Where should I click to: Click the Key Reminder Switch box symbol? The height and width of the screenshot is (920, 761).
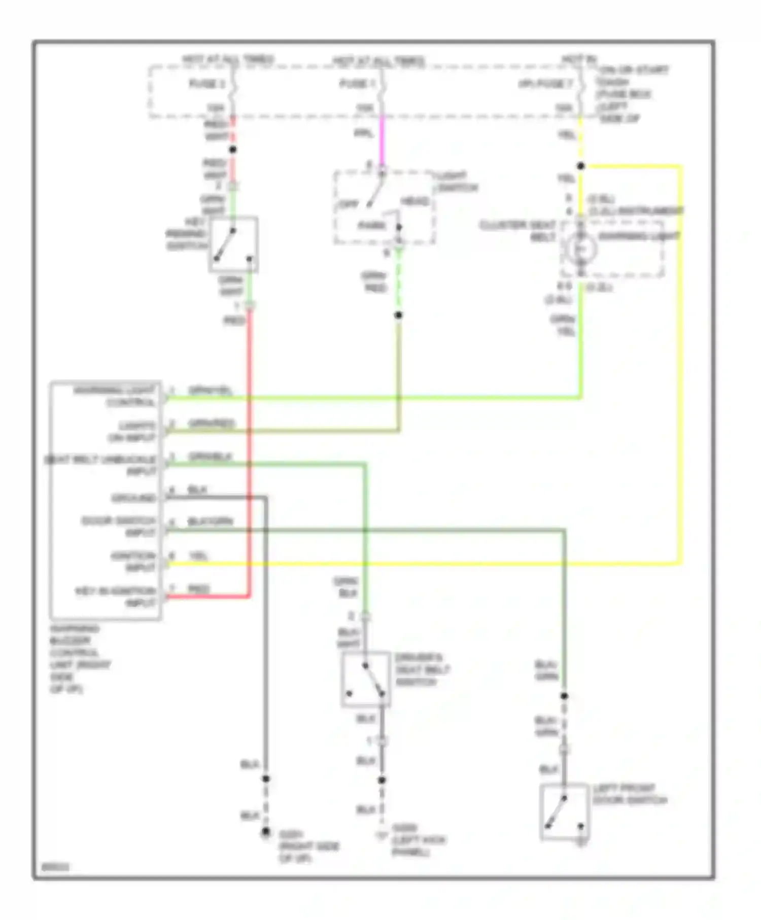click(233, 244)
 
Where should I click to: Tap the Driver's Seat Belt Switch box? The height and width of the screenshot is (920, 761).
click(366, 679)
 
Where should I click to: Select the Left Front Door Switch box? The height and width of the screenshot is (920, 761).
click(564, 812)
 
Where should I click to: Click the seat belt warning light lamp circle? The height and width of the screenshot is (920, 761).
click(581, 249)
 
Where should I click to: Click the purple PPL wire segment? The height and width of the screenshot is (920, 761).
click(382, 137)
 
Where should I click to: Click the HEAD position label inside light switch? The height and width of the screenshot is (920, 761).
click(415, 201)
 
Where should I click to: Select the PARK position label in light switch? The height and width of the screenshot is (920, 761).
click(372, 225)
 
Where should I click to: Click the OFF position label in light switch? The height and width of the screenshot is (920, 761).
click(349, 204)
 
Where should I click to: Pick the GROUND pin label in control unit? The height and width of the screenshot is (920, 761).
click(133, 498)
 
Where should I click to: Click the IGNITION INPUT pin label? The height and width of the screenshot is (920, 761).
click(133, 561)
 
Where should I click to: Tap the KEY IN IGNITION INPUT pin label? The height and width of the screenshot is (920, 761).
click(116, 597)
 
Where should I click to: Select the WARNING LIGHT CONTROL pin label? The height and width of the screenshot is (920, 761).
click(115, 396)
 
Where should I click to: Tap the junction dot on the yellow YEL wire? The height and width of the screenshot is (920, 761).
click(581, 166)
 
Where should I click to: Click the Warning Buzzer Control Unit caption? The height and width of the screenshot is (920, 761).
click(80, 658)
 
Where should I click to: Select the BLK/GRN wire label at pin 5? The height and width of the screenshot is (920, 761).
click(210, 521)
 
